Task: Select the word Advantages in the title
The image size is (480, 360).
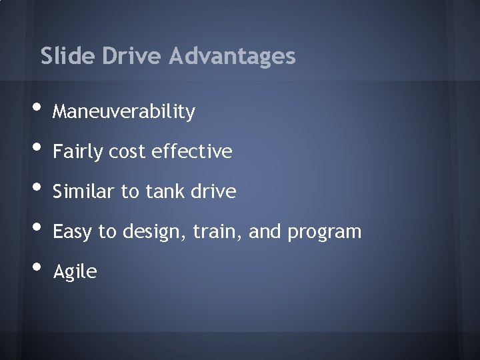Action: click(232, 56)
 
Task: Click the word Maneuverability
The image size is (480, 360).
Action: click(124, 112)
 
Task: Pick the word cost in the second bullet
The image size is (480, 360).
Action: click(127, 152)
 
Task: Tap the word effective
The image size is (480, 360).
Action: click(191, 152)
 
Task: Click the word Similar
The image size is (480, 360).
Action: click(83, 192)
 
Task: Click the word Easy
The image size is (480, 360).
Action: click(73, 232)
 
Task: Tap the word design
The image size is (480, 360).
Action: click(153, 232)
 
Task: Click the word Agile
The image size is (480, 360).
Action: click(75, 272)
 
